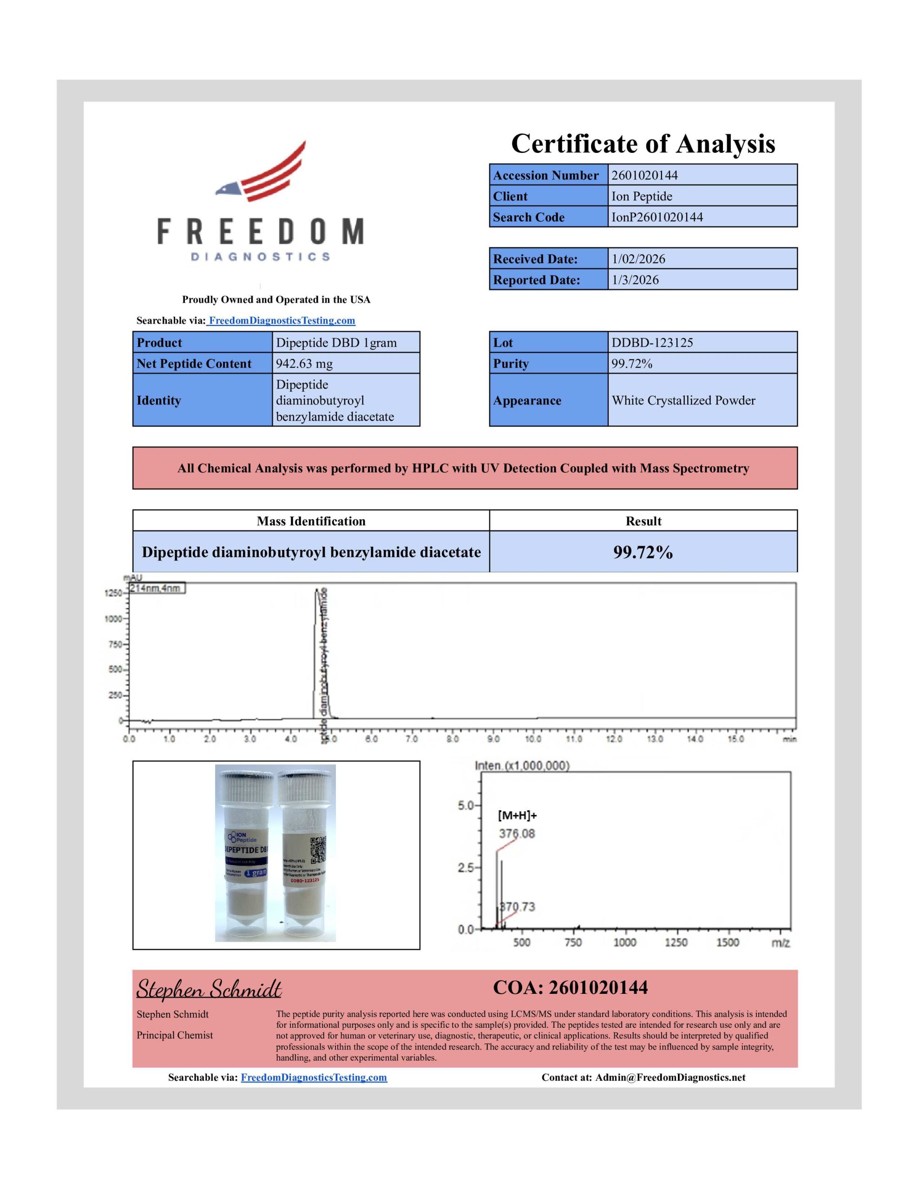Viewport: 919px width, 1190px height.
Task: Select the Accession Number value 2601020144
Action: pos(644,175)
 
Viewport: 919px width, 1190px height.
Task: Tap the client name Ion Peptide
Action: pos(642,196)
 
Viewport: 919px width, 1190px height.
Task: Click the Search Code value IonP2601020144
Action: pos(657,217)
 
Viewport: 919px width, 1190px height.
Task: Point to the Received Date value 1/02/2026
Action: pos(638,259)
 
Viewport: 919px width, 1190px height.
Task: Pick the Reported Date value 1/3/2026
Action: pos(635,280)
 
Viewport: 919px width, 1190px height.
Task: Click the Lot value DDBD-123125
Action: pos(652,343)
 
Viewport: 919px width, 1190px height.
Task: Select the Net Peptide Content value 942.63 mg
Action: pos(304,364)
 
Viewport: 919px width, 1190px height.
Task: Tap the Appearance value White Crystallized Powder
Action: pos(683,401)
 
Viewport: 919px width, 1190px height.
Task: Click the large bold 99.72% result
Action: pos(643,553)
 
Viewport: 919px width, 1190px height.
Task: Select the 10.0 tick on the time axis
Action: pos(533,740)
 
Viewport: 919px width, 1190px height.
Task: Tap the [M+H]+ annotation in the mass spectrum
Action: pos(517,816)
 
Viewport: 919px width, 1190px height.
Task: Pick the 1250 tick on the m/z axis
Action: pos(676,943)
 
